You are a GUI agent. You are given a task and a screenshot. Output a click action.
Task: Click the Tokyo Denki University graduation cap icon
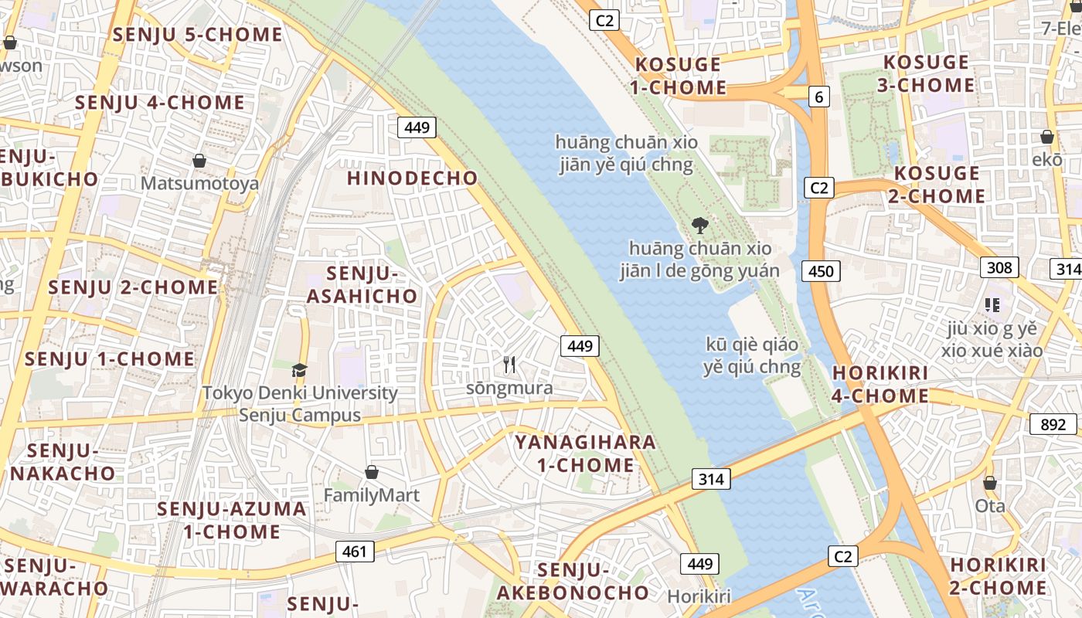click(300, 370)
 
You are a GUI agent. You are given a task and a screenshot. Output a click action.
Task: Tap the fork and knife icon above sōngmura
click(509, 365)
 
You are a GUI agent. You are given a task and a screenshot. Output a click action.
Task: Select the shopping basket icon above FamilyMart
click(372, 472)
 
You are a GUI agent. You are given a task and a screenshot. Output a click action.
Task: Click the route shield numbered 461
click(356, 552)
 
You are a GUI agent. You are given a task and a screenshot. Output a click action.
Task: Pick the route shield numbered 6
click(818, 97)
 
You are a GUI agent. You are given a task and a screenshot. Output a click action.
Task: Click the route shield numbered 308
click(999, 267)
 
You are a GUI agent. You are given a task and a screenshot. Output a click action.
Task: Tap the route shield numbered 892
click(1053, 424)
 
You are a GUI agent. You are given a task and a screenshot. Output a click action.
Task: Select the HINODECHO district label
click(413, 178)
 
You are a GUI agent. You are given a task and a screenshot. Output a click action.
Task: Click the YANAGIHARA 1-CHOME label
click(586, 454)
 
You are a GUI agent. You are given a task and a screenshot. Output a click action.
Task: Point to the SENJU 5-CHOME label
click(198, 35)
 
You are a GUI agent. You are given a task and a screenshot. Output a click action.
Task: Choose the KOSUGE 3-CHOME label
click(926, 73)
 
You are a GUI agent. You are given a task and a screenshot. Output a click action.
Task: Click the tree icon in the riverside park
click(700, 226)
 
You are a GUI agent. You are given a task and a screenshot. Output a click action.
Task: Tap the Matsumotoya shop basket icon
click(199, 161)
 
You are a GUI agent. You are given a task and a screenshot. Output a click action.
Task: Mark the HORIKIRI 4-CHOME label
click(880, 385)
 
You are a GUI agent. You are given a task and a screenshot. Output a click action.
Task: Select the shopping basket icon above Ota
click(990, 484)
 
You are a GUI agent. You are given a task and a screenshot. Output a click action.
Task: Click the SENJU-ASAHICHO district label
click(362, 285)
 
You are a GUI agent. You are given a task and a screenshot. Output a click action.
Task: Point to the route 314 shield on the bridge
click(710, 479)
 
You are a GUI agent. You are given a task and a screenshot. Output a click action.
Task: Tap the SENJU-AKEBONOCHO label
click(573, 582)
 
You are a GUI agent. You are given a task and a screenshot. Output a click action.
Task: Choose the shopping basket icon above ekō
click(1047, 138)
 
